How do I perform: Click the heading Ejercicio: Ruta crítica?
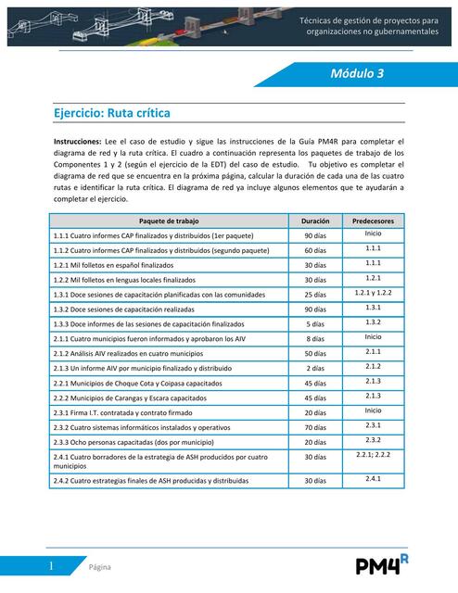(112, 113)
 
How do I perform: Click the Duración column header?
(315, 222)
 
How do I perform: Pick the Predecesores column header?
(374, 222)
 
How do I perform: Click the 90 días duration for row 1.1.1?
(315, 236)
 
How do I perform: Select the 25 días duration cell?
(315, 294)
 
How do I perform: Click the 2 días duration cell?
(315, 368)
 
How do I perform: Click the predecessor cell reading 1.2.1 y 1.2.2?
(374, 292)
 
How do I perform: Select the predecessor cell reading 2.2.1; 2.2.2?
(374, 455)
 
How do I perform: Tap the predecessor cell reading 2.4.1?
(374, 479)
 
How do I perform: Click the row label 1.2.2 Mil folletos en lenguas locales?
(124, 279)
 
